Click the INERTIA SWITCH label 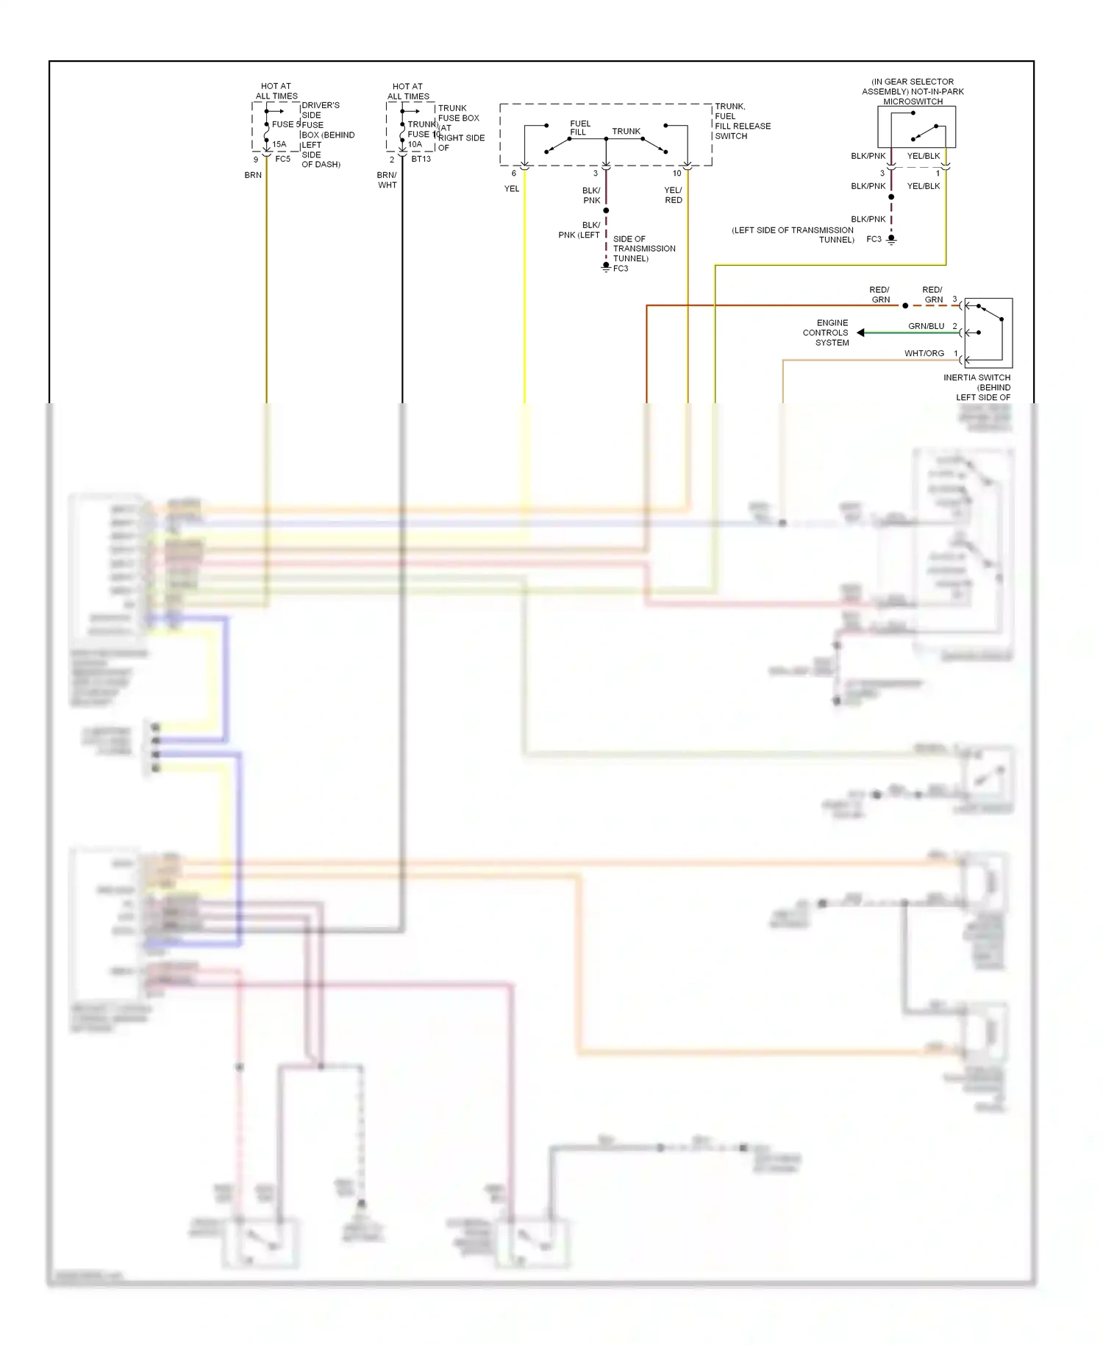point(977,377)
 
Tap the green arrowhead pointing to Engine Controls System point(860,333)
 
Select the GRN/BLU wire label point(926,326)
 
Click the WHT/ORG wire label point(924,353)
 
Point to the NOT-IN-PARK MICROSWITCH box point(916,127)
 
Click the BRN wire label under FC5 point(253,175)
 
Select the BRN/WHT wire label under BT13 point(388,180)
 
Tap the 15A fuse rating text point(279,144)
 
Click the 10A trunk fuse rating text point(415,144)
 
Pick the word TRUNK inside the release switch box point(626,131)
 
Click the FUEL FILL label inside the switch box point(579,128)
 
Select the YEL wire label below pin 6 point(512,188)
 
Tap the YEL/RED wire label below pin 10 point(674,195)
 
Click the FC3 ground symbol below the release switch point(606,266)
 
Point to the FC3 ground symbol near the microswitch point(891,239)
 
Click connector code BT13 point(421,159)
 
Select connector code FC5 point(283,159)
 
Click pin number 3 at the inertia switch point(954,299)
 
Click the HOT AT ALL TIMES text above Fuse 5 point(276,91)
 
